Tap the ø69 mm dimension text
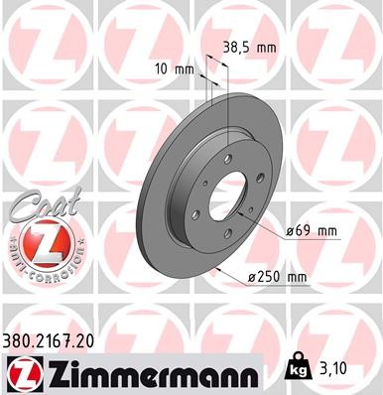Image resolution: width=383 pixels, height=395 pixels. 312,231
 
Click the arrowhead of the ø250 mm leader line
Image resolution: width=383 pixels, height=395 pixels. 212,271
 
